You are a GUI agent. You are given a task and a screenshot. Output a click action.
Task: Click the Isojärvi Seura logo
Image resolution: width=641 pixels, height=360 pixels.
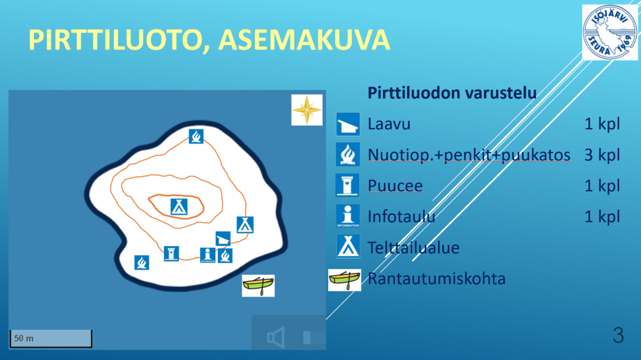(610, 32)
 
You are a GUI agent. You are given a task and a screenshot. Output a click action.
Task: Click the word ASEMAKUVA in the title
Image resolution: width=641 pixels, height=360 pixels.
(304, 40)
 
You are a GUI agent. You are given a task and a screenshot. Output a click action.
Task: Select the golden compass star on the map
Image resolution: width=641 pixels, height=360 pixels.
(306, 110)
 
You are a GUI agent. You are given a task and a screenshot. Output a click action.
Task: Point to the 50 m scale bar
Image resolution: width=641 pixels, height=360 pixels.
(51, 338)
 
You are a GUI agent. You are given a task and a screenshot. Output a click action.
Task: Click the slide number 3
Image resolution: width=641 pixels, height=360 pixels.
(618, 335)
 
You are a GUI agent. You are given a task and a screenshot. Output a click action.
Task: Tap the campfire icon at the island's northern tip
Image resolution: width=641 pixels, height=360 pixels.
(196, 136)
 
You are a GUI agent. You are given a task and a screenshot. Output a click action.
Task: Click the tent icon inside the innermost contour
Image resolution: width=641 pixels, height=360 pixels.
(179, 207)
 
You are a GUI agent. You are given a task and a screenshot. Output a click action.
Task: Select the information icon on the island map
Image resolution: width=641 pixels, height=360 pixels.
(208, 255)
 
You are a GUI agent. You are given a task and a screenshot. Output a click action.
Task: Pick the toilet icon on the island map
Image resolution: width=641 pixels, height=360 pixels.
(171, 254)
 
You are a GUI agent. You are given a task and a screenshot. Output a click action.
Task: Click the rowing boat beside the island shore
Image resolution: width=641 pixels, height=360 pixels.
(258, 286)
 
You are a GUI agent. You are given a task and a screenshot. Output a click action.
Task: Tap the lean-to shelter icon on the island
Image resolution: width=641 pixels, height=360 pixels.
(223, 238)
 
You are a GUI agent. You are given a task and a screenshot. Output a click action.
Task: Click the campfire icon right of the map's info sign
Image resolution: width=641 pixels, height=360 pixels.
(225, 256)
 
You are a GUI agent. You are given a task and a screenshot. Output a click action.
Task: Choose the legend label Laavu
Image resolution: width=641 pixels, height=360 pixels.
(389, 124)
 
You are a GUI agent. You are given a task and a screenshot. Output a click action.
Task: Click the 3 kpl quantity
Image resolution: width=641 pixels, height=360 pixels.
(602, 155)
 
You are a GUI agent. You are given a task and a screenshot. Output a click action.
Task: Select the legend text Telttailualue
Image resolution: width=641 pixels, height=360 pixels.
(413, 247)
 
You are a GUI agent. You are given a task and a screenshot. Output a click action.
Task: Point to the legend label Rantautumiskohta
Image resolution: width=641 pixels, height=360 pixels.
(436, 278)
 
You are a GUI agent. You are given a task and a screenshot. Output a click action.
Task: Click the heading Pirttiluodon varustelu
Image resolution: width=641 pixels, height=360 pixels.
(452, 93)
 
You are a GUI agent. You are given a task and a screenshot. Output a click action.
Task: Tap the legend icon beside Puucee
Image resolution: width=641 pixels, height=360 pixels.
(347, 185)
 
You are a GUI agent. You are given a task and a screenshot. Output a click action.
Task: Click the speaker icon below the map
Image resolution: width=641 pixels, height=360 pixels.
(276, 337)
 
